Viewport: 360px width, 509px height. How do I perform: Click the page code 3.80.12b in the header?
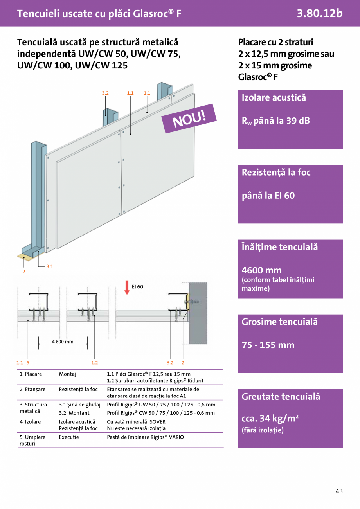point(319,13)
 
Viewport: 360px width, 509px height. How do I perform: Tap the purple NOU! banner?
point(189,118)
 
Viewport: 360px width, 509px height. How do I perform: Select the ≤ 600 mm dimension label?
point(63,342)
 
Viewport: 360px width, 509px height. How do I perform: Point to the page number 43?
point(339,491)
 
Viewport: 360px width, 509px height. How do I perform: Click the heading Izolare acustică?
point(274,97)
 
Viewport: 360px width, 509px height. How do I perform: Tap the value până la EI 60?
point(268,196)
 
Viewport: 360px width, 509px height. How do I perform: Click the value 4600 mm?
point(261,270)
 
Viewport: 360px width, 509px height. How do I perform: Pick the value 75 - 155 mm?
point(268,345)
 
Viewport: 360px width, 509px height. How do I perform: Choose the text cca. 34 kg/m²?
point(270,419)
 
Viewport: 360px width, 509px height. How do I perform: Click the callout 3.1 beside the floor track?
point(50,266)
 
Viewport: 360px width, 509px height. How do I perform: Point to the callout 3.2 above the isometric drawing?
point(105,93)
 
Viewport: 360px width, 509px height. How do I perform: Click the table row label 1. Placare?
point(31,374)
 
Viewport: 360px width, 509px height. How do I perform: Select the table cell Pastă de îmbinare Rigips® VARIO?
point(145,437)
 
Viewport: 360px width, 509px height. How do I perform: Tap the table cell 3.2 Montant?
point(74,413)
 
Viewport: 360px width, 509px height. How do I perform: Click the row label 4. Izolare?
point(30,422)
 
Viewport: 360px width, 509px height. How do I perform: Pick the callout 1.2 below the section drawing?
point(94,362)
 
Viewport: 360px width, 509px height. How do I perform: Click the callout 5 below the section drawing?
point(28,362)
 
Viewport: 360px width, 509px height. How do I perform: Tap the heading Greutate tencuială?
point(281,397)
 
